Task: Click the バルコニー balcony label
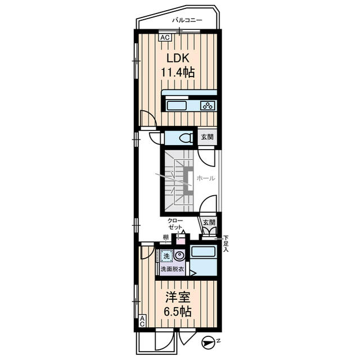[x=187, y=20]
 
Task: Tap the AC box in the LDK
[x=165, y=38]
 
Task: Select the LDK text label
[x=178, y=58]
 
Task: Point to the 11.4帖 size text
[x=178, y=73]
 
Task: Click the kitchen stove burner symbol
[x=208, y=106]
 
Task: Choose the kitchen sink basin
[x=176, y=106]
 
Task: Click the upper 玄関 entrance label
[x=208, y=137]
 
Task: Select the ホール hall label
[x=206, y=178]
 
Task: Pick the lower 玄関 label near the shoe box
[x=209, y=222]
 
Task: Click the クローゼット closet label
[x=175, y=224]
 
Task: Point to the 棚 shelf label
[x=166, y=237]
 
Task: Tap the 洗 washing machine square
[x=166, y=256]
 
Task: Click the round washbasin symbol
[x=179, y=255]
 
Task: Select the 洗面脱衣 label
[x=173, y=269]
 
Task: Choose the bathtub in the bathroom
[x=203, y=251]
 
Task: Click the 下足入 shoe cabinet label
[x=226, y=244]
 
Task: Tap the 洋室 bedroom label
[x=178, y=298]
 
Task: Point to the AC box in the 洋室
[x=142, y=321]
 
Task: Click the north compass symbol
[x=206, y=343]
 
